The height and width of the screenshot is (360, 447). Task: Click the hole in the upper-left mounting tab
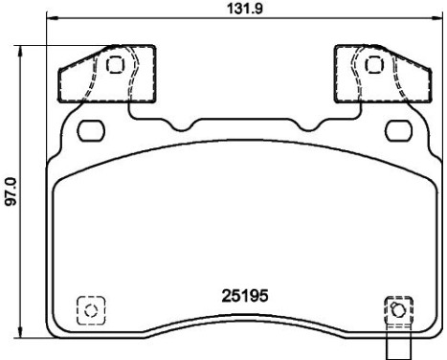click(x=115, y=65)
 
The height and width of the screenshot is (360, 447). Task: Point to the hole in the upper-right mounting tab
click(x=373, y=65)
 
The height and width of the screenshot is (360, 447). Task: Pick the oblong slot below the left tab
click(x=92, y=129)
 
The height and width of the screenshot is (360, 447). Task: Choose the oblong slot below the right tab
click(x=395, y=129)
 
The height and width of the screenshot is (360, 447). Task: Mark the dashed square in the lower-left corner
click(x=91, y=310)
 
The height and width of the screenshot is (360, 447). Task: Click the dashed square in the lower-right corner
click(x=397, y=309)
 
